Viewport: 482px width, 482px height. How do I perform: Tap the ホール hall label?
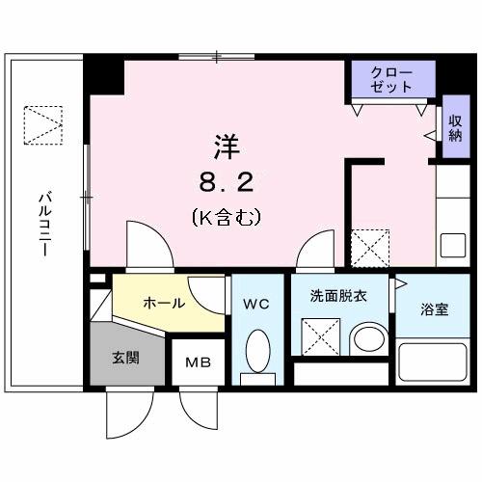click(164, 303)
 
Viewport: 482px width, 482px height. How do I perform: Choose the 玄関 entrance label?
click(125, 358)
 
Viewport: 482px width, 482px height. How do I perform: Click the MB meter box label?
click(199, 364)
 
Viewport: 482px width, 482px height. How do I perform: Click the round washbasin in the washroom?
click(366, 338)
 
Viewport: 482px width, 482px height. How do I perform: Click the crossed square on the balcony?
click(41, 123)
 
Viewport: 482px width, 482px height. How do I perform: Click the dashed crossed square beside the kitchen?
click(369, 247)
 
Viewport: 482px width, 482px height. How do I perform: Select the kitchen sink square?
click(453, 245)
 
